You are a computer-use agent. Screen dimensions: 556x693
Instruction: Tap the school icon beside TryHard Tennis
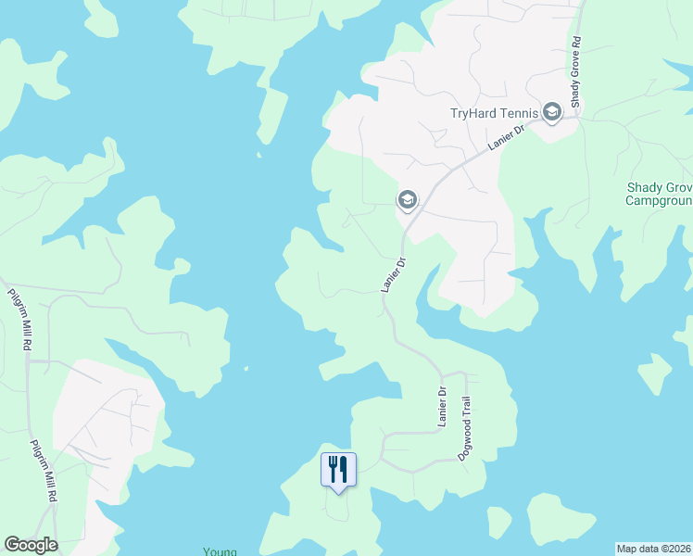coord(552,113)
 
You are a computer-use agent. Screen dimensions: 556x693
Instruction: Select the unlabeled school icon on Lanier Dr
coord(407,199)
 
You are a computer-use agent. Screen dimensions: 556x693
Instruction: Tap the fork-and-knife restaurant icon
coord(338,470)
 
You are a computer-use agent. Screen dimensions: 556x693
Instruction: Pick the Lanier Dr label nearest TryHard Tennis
coord(506,139)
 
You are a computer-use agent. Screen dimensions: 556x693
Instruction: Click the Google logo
coord(31,545)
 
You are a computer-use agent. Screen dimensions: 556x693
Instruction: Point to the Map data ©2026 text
coord(653,549)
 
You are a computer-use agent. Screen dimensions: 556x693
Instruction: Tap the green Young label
coord(220,551)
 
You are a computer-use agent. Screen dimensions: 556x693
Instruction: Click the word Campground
coord(659,200)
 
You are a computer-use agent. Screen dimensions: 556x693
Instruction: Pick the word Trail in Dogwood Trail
coord(468,409)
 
